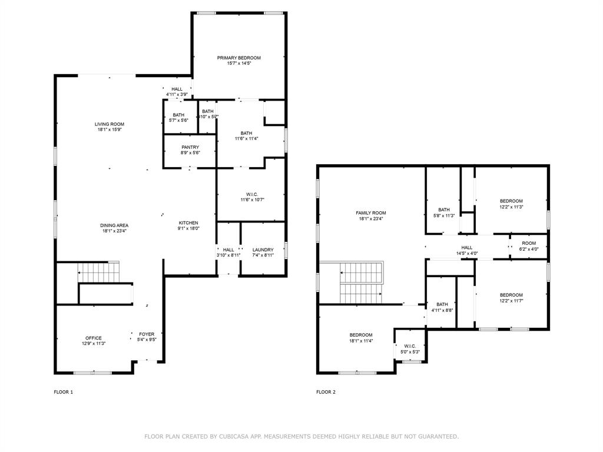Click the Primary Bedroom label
238,58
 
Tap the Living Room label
110,124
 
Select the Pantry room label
190,147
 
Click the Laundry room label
263,250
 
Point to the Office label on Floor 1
93,338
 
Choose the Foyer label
146,334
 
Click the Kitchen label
188,223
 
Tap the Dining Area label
114,225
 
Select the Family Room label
370,213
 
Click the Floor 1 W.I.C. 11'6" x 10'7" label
252,195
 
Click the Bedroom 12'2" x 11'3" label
511,201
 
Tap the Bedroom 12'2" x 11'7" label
511,295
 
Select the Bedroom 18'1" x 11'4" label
360,335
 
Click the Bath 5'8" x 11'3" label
443,210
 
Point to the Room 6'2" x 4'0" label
528,243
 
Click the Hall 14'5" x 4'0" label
466,248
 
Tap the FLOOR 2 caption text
326,392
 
